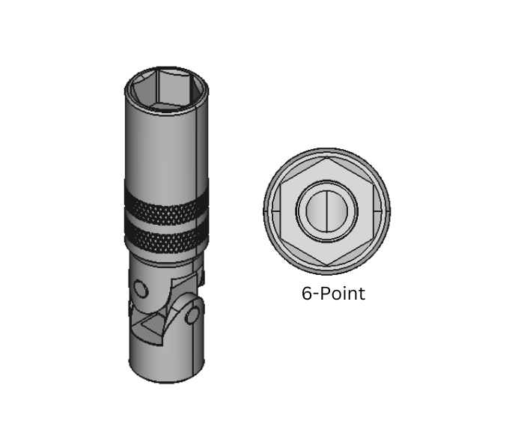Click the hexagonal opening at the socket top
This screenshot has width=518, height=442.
tap(166, 90)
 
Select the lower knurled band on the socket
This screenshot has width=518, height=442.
tap(166, 240)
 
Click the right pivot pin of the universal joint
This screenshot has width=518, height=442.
tap(192, 315)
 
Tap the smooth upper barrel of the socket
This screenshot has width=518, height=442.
tap(166, 146)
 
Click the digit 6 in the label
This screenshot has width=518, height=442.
tap(307, 294)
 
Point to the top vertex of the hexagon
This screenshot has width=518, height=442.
tap(327, 157)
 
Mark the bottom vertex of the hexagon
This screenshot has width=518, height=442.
tap(327, 264)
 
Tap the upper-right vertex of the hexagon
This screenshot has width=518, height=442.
tap(373, 184)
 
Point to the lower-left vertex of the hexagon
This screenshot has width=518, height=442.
tap(281, 238)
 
